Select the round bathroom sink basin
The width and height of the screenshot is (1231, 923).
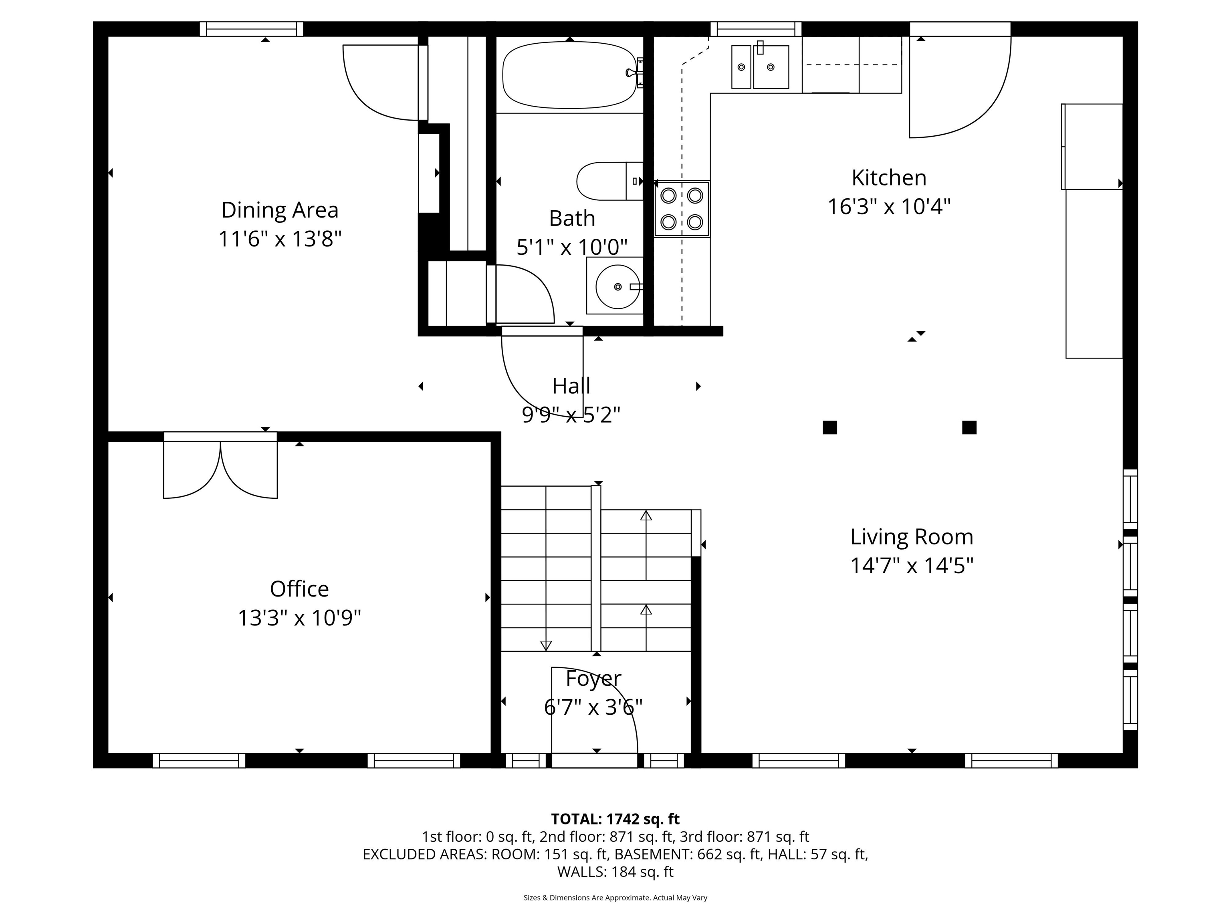(x=617, y=286)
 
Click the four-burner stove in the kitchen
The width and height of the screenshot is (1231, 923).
(x=682, y=209)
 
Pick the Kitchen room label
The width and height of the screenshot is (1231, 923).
(x=889, y=178)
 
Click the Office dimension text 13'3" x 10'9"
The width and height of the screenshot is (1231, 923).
(x=299, y=618)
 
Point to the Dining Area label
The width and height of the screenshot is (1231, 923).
(x=280, y=210)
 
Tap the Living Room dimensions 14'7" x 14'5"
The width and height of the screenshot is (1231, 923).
(x=912, y=566)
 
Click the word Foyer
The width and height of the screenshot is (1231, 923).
(x=593, y=679)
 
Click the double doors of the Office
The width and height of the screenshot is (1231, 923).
(x=220, y=468)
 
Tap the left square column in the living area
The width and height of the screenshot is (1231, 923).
(x=830, y=427)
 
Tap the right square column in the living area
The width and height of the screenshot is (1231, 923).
(x=969, y=427)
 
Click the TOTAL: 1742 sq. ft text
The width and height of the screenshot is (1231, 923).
(x=615, y=819)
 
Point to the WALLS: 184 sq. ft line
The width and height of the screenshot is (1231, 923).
(x=615, y=872)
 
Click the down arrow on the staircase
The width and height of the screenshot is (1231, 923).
(x=546, y=645)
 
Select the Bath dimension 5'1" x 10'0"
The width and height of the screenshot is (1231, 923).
(x=571, y=247)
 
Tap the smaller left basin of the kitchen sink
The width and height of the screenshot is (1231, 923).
(x=741, y=67)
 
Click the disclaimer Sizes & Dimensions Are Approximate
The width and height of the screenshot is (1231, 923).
(x=615, y=897)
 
